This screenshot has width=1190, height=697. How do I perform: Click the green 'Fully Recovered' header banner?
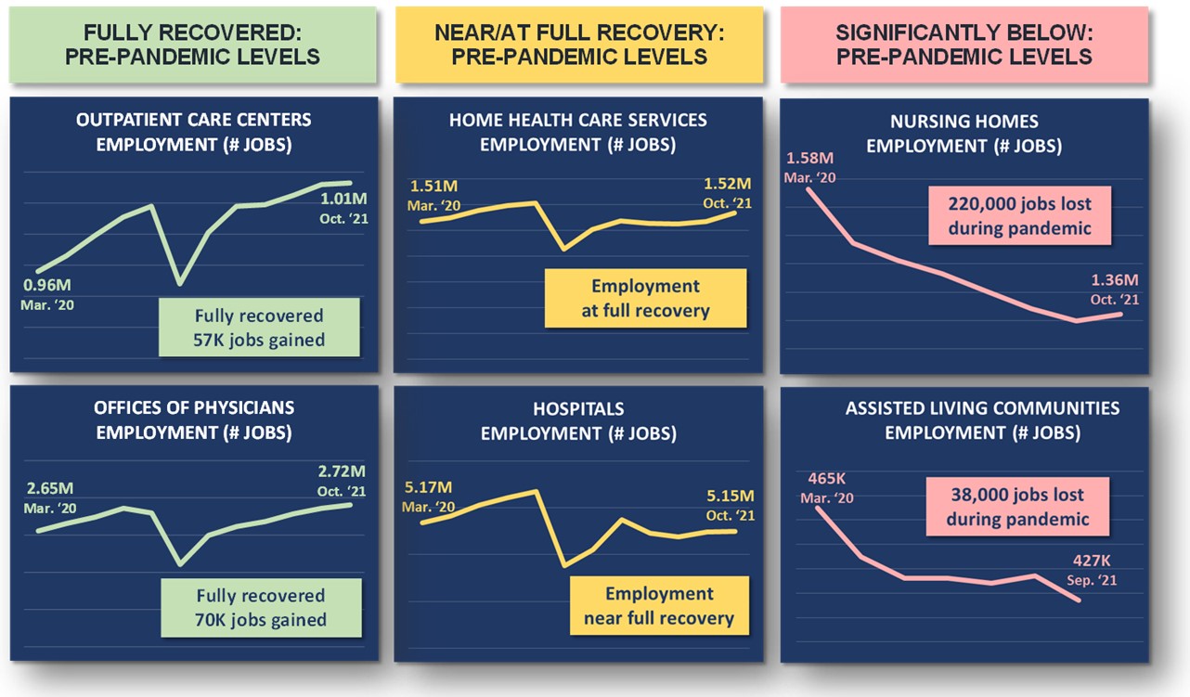click(192, 45)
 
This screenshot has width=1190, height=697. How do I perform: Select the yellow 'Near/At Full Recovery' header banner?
click(578, 45)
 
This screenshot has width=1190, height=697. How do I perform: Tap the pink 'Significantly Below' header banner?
click(964, 45)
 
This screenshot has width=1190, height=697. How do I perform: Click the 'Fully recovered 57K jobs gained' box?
click(260, 328)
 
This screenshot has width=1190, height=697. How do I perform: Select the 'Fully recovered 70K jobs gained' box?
click(261, 608)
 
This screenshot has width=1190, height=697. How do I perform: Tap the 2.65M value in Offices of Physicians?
click(52, 488)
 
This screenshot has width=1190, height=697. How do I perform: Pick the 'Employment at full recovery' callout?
click(645, 298)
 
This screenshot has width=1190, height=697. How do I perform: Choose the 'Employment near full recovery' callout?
click(658, 606)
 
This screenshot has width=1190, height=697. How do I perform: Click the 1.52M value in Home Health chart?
click(727, 184)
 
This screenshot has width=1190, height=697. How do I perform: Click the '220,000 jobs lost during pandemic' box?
click(1019, 215)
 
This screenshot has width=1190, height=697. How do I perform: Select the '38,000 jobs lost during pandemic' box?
click(1017, 507)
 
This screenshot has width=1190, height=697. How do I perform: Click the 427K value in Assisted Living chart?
click(1091, 561)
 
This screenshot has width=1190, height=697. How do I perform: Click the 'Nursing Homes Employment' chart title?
click(964, 134)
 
